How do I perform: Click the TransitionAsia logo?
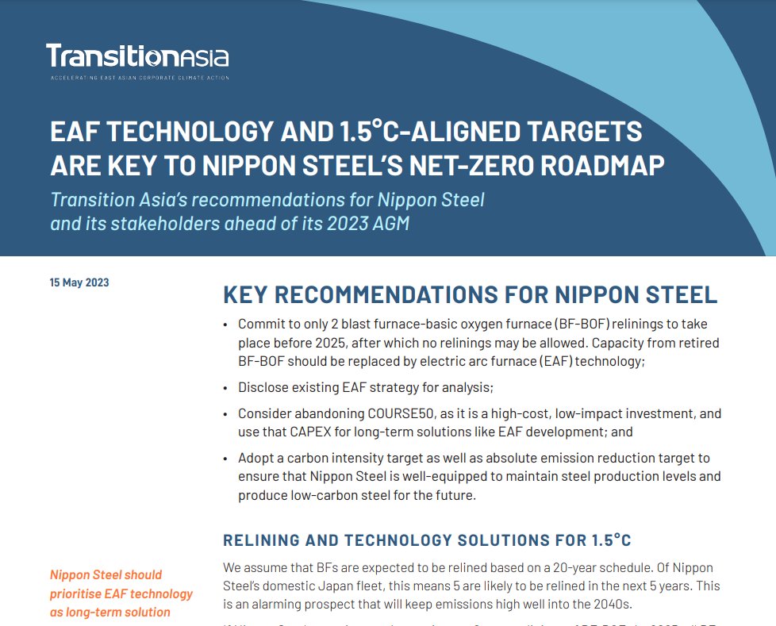pyautogui.click(x=137, y=56)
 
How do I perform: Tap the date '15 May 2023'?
pyautogui.click(x=79, y=282)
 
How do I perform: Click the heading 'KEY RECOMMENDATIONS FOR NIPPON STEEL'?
pyautogui.click(x=470, y=294)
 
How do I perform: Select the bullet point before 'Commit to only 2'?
pyautogui.click(x=227, y=325)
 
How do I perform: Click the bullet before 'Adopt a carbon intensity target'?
pyautogui.click(x=227, y=459)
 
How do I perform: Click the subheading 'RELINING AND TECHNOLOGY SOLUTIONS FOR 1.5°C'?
pyautogui.click(x=427, y=541)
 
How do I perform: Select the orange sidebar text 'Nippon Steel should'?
pyautogui.click(x=106, y=574)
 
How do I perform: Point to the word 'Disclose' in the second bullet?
pyautogui.click(x=263, y=388)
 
